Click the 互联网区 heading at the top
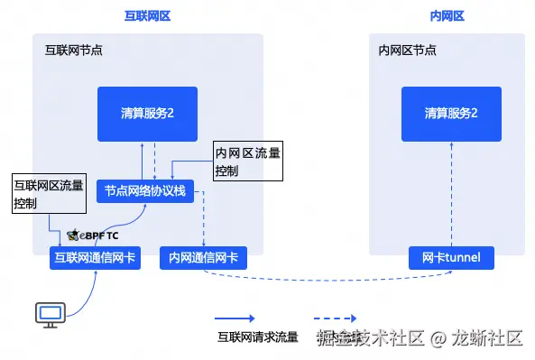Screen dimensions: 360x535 click(x=148, y=15)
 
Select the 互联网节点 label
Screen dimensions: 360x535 click(x=73, y=51)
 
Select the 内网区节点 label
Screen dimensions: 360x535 click(x=408, y=51)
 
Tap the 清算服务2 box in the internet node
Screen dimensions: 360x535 click(x=147, y=114)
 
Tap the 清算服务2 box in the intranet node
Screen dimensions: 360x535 click(x=451, y=114)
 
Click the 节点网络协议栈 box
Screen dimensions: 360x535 click(x=145, y=190)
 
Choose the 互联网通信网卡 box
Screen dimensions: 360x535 click(x=95, y=258)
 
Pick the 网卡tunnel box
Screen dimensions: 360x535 click(x=451, y=258)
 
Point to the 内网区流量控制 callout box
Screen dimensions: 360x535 click(x=246, y=162)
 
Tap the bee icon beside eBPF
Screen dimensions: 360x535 click(x=72, y=235)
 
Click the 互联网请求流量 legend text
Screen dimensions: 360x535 click(x=257, y=337)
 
